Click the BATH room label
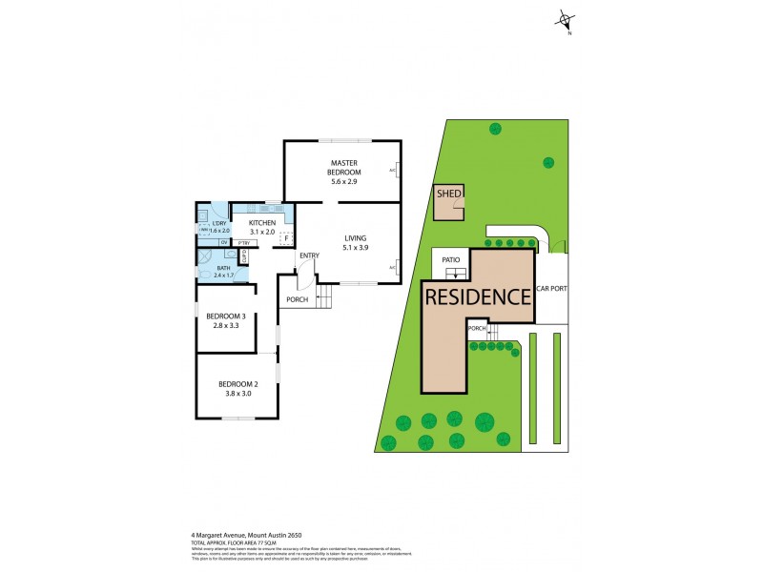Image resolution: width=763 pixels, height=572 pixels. tap(223, 268)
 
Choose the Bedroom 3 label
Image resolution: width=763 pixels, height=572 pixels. tap(231, 317)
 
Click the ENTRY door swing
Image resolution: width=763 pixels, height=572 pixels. tap(303, 277)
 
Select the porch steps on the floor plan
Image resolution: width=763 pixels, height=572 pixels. tap(327, 296)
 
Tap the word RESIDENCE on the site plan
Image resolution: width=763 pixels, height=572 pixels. tap(478, 296)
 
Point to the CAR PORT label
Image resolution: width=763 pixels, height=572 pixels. tap(552, 288)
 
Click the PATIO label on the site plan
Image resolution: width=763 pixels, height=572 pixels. tap(451, 258)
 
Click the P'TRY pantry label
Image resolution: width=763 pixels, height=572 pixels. tap(243, 243)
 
